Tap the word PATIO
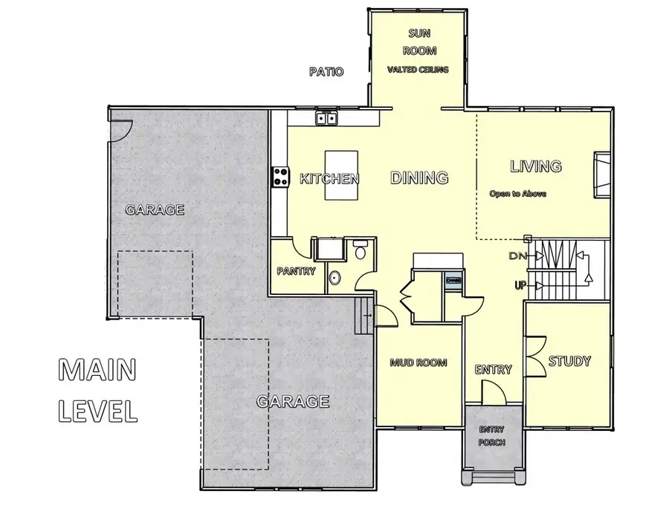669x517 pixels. pyautogui.click(x=326, y=72)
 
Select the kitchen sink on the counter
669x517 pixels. pyautogui.click(x=326, y=118)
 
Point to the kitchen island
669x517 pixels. pyautogui.click(x=341, y=175)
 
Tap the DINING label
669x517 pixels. pyautogui.click(x=419, y=178)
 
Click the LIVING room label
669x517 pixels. pyautogui.click(x=535, y=165)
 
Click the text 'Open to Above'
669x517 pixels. pyautogui.click(x=517, y=194)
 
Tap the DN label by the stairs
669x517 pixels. pyautogui.click(x=517, y=256)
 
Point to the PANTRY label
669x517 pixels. pyautogui.click(x=296, y=271)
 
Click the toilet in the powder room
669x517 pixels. pyautogui.click(x=361, y=250)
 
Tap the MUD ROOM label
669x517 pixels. pyautogui.click(x=418, y=363)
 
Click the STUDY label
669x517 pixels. pyautogui.click(x=569, y=362)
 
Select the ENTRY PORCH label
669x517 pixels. pyautogui.click(x=491, y=436)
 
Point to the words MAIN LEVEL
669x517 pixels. pyautogui.click(x=98, y=389)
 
